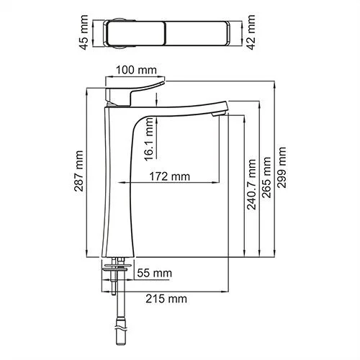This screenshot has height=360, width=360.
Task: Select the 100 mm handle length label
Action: tap(136, 70)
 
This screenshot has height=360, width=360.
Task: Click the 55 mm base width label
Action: tap(154, 273)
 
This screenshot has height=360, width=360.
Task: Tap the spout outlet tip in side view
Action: tap(219, 112)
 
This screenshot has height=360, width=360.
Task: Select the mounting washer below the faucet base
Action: tap(119, 267)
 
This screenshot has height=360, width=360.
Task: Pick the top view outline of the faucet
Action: tap(171, 33)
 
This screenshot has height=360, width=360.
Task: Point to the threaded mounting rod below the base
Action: tap(119, 284)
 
